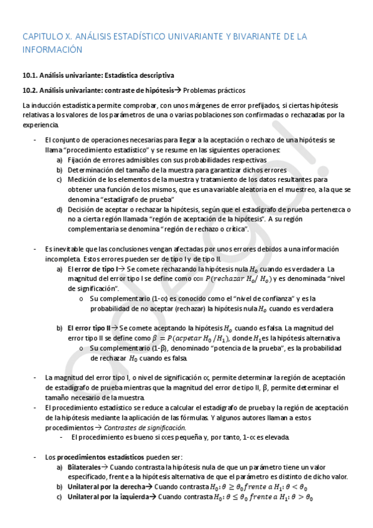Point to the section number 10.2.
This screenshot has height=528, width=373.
coord(31,90)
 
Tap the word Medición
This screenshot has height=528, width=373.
coord(82,179)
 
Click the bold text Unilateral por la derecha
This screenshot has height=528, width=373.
coord(105,487)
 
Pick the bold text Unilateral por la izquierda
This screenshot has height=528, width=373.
coord(108,497)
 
